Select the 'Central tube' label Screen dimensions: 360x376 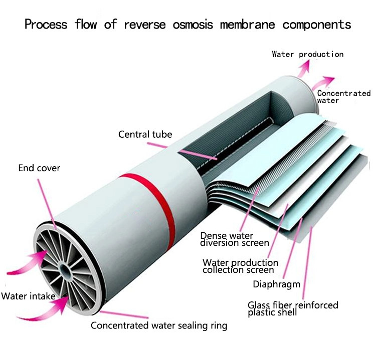[145, 134]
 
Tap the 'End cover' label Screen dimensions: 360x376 [39, 168]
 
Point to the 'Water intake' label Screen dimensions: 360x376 [28, 296]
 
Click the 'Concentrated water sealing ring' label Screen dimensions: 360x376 [159, 325]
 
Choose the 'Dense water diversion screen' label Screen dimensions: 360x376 [235, 239]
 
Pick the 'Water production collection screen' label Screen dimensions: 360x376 [240, 266]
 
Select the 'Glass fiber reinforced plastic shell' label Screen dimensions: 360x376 [293, 308]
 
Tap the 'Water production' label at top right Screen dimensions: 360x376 [307, 54]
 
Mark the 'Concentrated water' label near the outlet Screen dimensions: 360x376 [343, 97]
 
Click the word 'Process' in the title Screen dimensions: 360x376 [46, 24]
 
